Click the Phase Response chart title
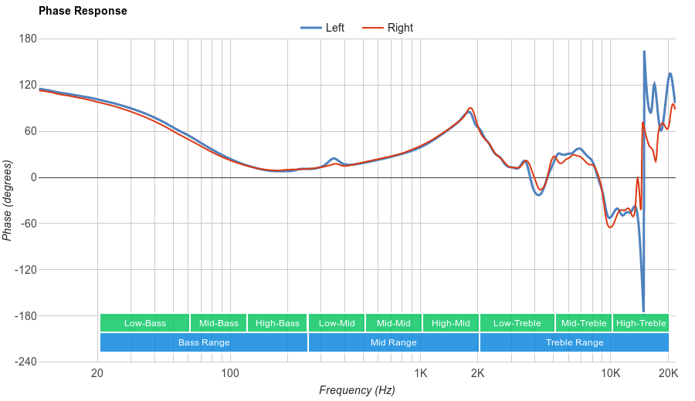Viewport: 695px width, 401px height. [83, 11]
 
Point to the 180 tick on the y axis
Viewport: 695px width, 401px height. [28, 39]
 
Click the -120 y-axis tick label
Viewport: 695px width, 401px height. [25, 270]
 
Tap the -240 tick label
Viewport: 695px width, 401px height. [25, 362]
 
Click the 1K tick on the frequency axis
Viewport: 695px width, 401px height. [420, 374]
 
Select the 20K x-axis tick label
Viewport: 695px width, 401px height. [668, 374]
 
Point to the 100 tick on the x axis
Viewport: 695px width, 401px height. [230, 374]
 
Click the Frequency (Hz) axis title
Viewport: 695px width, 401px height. [357, 390]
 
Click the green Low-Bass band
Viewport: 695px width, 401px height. [144, 323]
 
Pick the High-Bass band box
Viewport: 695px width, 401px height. [277, 323]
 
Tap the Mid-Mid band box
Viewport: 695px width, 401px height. [393, 323]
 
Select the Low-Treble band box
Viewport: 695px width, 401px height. [517, 323]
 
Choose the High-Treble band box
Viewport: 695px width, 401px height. [641, 323]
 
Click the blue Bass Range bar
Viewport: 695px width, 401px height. [204, 342]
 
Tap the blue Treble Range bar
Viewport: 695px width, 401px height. [575, 342]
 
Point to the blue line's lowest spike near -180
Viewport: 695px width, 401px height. [643, 311]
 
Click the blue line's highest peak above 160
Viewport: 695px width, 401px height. [645, 52]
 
